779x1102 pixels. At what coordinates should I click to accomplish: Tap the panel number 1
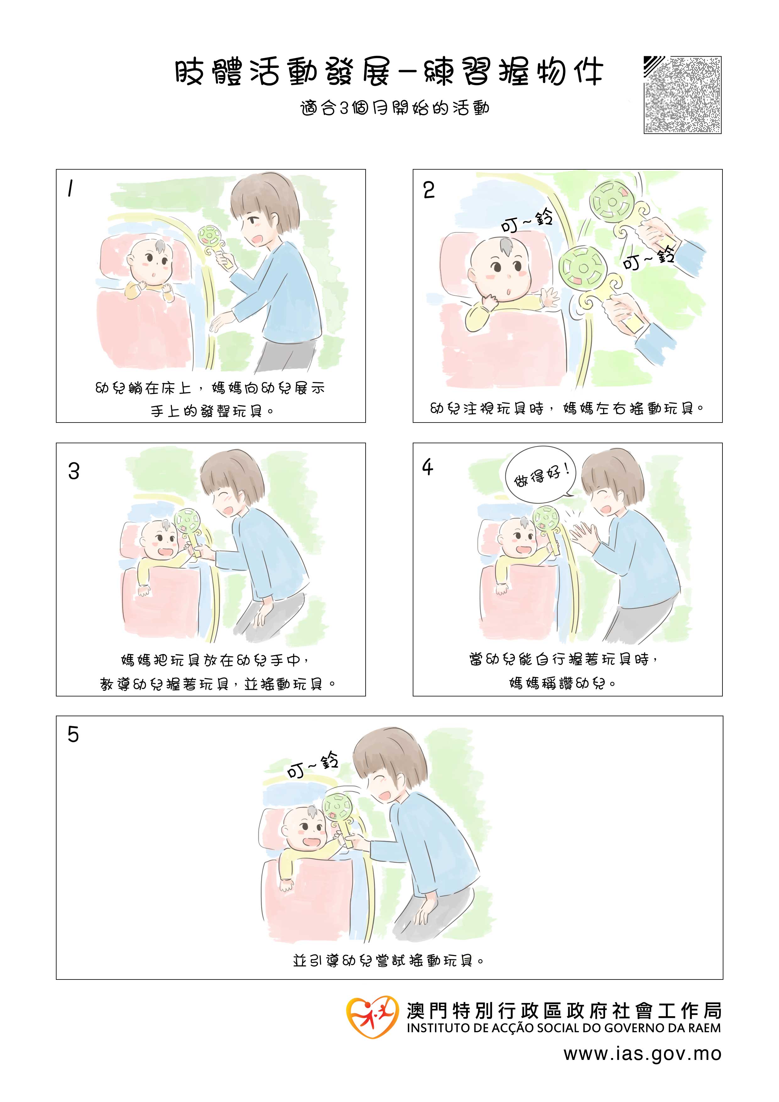tap(71, 188)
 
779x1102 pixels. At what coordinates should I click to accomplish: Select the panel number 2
tap(429, 190)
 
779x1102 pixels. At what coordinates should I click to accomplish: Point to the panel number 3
tap(74, 471)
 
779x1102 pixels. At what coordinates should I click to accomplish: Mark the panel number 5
tap(73, 734)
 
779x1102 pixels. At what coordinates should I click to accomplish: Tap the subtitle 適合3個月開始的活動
tap(395, 108)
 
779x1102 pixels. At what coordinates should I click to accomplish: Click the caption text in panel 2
tap(567, 408)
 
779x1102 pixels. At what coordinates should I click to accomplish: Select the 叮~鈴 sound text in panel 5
tap(313, 766)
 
